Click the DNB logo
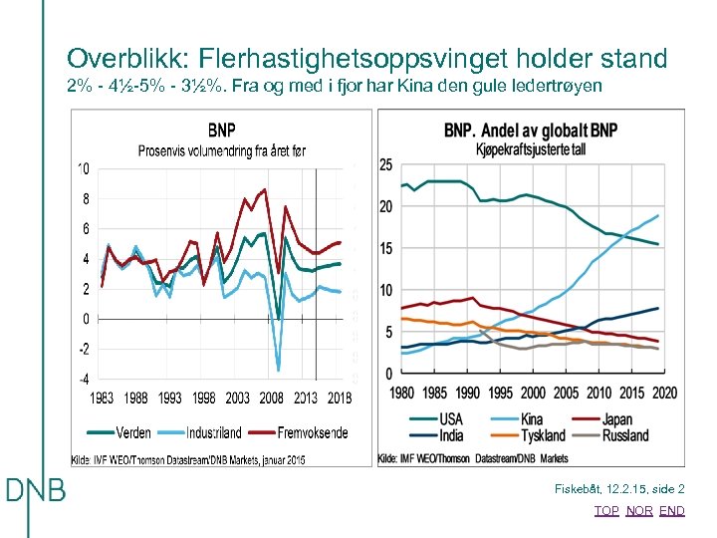coord(36,490)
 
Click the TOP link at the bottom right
coord(605,510)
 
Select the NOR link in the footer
coord(639,510)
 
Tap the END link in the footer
coord(672,510)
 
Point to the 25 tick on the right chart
coord(385,164)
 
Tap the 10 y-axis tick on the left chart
coord(84,168)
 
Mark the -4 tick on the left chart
coord(84,380)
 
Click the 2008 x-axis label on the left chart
coord(272,399)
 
